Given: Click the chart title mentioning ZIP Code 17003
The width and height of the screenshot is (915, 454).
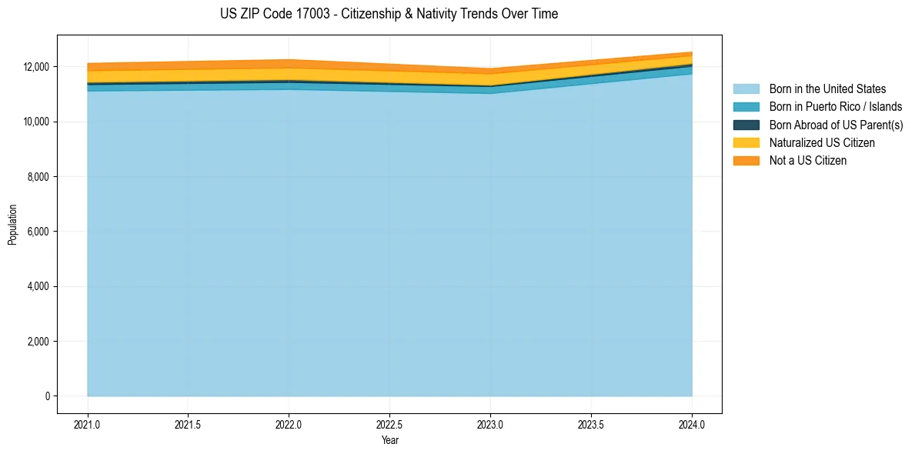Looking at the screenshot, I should click(x=389, y=14).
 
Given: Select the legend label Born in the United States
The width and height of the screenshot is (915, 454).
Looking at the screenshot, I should click(x=827, y=89).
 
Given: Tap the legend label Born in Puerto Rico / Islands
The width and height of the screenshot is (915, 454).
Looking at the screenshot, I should click(x=836, y=107).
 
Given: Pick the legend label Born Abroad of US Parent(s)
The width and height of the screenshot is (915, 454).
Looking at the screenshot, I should click(x=836, y=125).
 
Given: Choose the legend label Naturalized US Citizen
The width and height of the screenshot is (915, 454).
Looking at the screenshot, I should click(x=822, y=143).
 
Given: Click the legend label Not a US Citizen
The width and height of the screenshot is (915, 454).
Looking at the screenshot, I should click(x=808, y=161).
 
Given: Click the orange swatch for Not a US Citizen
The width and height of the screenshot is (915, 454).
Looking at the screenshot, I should click(x=746, y=161).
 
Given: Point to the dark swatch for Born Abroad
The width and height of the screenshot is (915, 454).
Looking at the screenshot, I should click(x=746, y=125).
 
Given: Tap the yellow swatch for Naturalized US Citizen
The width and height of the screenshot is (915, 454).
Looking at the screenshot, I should click(x=746, y=143).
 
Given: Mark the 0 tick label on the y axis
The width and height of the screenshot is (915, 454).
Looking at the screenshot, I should click(x=47, y=396).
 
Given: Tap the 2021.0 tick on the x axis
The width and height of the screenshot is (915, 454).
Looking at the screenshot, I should click(x=87, y=424).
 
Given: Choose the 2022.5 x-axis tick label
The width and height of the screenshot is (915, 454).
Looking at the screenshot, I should click(x=389, y=424).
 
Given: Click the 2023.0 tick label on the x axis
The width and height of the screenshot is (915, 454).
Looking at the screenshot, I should click(x=490, y=424).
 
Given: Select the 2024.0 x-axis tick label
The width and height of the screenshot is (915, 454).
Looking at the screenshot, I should click(x=692, y=424).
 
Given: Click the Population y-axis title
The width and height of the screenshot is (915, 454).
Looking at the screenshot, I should click(x=12, y=225).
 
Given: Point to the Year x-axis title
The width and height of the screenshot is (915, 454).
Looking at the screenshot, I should click(x=389, y=441).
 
